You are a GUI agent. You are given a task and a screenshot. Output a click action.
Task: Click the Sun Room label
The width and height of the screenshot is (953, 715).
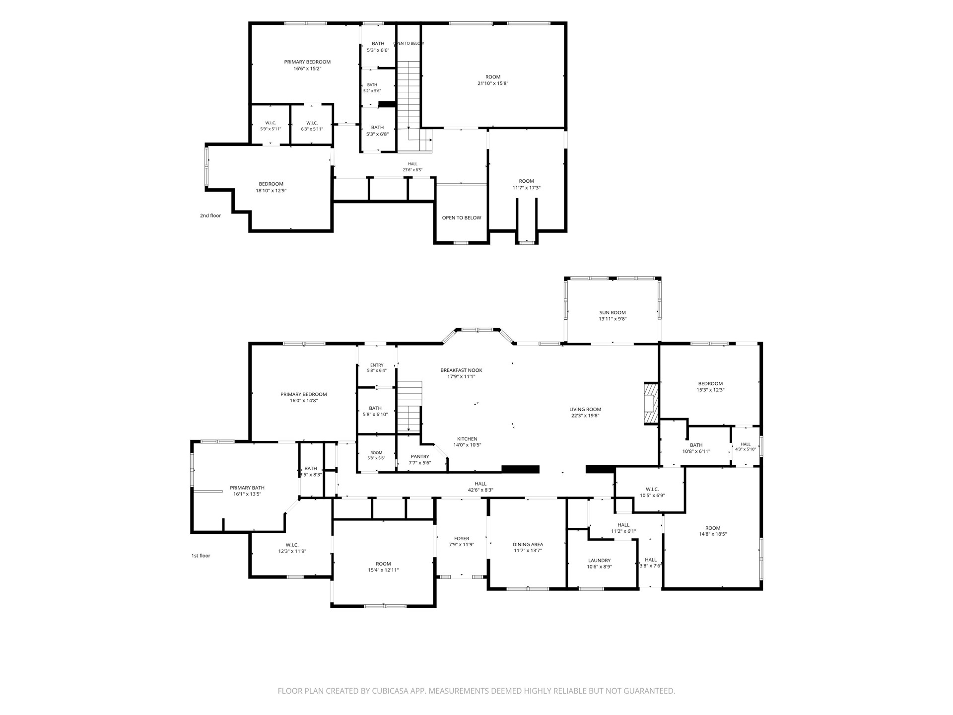coord(613,313)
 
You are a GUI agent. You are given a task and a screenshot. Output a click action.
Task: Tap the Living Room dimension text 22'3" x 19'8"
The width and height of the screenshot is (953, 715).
coord(585,416)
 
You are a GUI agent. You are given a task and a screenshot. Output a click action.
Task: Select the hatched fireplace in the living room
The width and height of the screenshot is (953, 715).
coord(651,403)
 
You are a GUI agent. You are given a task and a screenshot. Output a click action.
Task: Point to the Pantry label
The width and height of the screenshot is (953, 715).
coord(420,457)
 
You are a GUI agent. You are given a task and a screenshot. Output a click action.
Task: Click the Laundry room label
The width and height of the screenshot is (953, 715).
coord(599,561)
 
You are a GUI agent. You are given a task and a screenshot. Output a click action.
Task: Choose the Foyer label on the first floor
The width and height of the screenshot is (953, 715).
coord(462,539)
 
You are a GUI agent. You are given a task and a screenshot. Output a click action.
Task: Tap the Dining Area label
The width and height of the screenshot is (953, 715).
coord(528,545)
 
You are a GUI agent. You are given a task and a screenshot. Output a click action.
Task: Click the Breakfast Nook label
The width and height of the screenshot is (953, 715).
coord(461,370)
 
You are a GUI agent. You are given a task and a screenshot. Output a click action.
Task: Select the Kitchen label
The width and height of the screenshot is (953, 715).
coord(467,439)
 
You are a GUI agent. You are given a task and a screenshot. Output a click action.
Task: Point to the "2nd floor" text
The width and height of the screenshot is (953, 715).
coord(210,215)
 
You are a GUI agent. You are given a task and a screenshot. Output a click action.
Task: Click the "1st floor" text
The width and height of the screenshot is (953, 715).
coord(201,556)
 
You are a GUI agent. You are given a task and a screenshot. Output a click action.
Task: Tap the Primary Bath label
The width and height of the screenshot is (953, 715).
coord(247,488)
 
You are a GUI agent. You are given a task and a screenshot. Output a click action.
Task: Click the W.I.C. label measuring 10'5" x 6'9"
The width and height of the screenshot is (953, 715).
coord(652,489)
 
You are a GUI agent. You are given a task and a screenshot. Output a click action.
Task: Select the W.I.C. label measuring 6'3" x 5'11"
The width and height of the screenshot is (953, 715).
coord(312,123)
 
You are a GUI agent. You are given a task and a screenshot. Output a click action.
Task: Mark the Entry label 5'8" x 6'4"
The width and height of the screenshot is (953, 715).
coord(377,365)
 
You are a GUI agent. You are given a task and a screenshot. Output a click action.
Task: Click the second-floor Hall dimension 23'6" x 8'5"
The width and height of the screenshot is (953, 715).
coord(412,170)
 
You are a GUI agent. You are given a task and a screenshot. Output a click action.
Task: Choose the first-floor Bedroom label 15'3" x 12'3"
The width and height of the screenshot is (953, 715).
coord(710,384)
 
